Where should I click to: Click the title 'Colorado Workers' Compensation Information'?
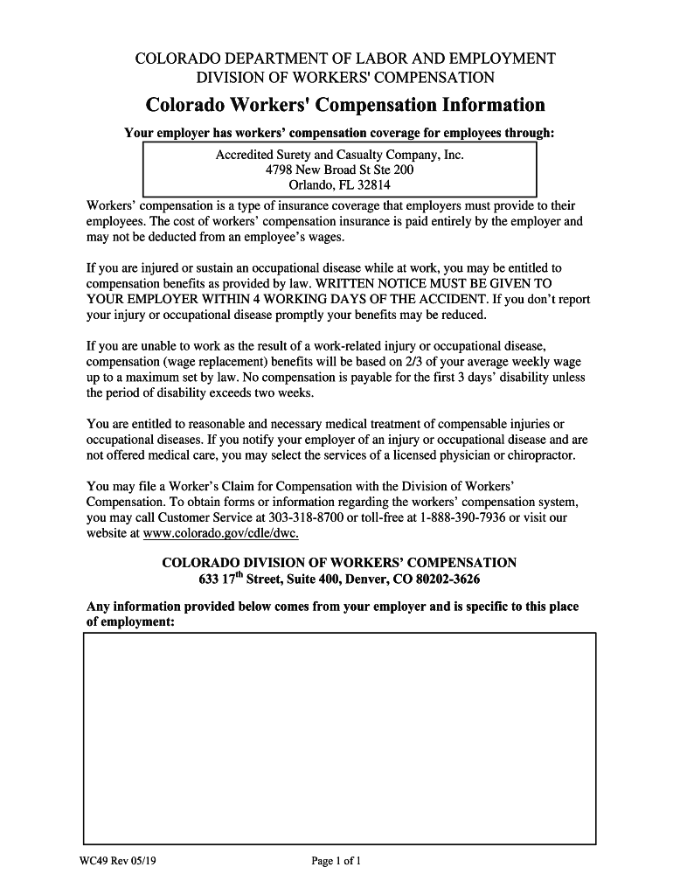(x=344, y=106)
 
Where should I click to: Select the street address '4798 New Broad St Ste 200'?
(x=339, y=170)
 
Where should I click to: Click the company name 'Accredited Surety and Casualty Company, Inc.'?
(x=339, y=155)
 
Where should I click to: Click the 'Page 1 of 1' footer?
(x=336, y=861)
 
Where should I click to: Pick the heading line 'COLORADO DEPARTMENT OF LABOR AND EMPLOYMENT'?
(x=344, y=59)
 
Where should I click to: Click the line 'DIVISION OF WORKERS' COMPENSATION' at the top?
(x=344, y=78)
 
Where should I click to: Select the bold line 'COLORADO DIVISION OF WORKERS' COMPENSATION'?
(x=339, y=563)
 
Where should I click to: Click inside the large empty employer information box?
(x=339, y=739)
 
